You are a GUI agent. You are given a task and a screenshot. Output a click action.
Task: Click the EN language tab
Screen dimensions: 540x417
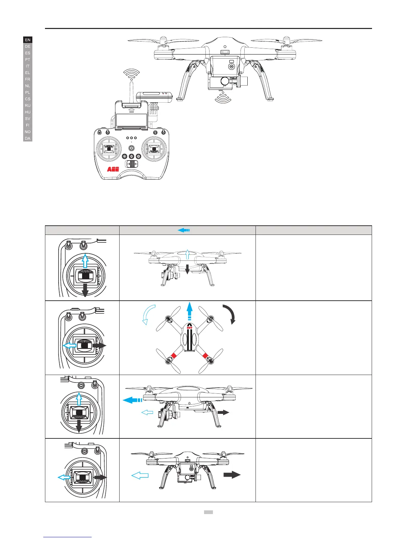point(28,40)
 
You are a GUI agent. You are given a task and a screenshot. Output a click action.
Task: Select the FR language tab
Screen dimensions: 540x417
point(28,79)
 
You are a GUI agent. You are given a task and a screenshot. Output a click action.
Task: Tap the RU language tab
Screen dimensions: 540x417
point(28,105)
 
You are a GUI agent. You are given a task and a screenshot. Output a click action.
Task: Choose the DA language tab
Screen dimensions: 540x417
point(28,138)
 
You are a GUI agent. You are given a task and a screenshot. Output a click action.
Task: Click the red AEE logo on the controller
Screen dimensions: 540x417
point(113,169)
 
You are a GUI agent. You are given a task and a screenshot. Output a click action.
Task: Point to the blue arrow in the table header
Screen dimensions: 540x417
point(183,230)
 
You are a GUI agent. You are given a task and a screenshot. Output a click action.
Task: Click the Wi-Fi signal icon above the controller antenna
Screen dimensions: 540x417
point(132,73)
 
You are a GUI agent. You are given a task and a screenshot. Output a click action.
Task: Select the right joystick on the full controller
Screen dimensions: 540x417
point(154,149)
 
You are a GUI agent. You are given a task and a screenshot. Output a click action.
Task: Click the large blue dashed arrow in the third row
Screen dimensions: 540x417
point(132,400)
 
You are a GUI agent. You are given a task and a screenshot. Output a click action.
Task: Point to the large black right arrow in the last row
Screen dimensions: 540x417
point(232,475)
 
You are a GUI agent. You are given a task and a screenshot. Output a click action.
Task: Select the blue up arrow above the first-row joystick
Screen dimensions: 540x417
point(85,261)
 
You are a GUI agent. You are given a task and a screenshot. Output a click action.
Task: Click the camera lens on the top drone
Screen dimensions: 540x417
point(225,81)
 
